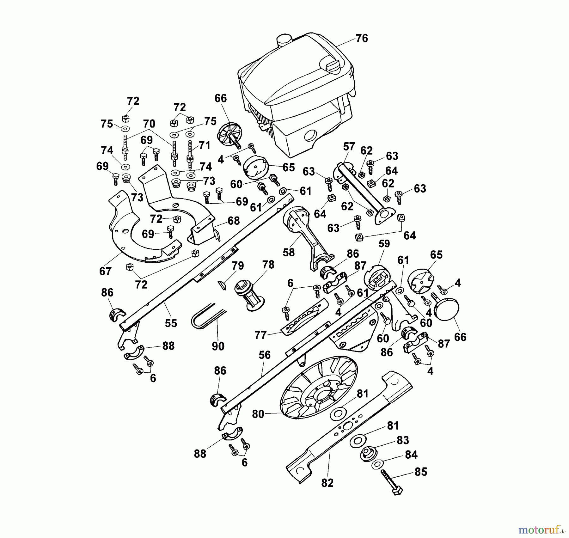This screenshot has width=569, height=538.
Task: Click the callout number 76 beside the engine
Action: click(362, 38)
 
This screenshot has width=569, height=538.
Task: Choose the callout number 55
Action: click(171, 323)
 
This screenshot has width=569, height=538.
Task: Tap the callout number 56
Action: click(264, 355)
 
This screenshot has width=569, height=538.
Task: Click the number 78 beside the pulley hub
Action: click(268, 264)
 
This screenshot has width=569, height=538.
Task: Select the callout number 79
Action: click(237, 266)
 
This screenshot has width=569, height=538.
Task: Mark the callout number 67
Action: click(105, 271)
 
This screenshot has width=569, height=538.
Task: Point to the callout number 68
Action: click(234, 220)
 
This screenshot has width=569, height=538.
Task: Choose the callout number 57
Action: click(349, 147)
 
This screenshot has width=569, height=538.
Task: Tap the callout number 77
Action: click(260, 335)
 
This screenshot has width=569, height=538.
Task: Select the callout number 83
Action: click(402, 440)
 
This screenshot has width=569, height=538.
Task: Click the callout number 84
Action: click(411, 455)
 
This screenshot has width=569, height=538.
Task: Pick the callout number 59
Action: click(384, 243)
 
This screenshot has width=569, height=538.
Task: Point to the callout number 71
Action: click(205, 145)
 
